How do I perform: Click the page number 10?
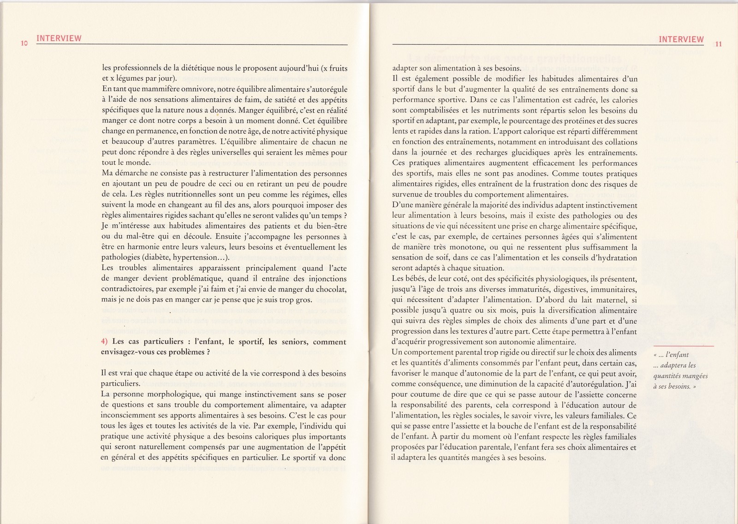pos(24,43)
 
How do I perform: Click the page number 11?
pos(719,45)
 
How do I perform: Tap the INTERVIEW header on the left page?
pos(59,38)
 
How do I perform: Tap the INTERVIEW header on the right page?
pos(681,39)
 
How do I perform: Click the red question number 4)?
pos(104,342)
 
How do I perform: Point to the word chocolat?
pos(332,289)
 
